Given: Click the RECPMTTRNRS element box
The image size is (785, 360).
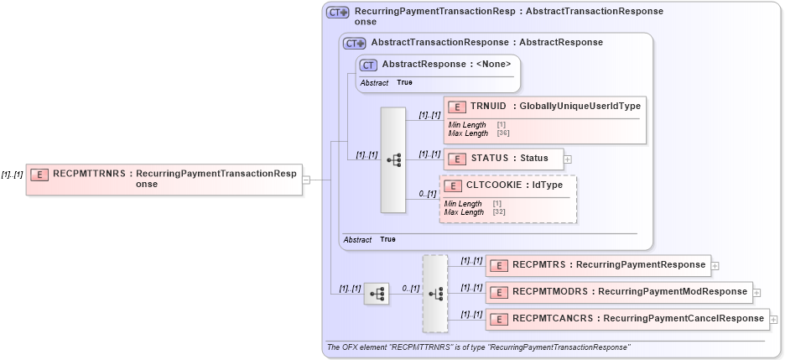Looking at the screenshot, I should (x=164, y=180).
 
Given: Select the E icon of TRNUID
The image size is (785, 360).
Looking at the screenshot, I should (x=457, y=107).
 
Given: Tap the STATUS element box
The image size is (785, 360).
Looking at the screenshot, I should (x=503, y=159).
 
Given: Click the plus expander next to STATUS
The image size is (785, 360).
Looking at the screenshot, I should (x=568, y=159).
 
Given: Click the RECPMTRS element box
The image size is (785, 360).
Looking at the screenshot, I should (x=598, y=265).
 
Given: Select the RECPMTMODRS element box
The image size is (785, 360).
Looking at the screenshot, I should (x=618, y=292).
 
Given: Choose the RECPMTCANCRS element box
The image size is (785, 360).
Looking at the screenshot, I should (x=626, y=319).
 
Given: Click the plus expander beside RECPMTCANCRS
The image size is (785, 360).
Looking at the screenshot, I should (x=772, y=320).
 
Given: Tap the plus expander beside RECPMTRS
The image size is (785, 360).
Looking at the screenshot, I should (x=715, y=266).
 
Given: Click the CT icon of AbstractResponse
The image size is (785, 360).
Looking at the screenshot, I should (x=367, y=65).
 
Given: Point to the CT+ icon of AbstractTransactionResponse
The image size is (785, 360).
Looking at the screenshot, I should (x=354, y=43).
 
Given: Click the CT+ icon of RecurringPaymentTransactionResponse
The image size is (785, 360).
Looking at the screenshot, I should (x=337, y=13).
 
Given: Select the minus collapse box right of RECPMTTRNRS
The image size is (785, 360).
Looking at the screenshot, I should (x=306, y=180).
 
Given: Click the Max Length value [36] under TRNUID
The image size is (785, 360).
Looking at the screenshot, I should (x=503, y=133).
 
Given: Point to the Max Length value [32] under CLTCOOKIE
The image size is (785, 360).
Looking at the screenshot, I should (x=498, y=212).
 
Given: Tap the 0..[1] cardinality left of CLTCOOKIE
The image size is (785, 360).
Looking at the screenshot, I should (x=428, y=195).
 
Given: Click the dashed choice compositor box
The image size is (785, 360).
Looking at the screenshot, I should (x=435, y=294).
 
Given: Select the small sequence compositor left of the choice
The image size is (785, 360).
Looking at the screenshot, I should (x=376, y=294).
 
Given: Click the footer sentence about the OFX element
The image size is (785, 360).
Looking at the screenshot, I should (x=478, y=347).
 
